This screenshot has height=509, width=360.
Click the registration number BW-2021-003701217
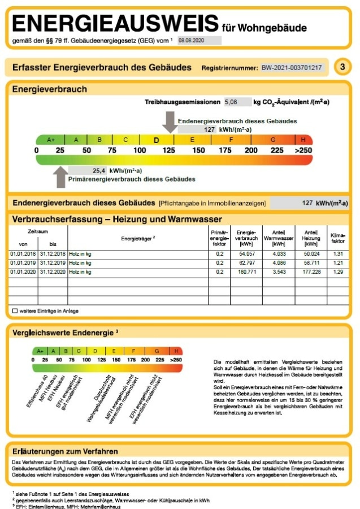point(292,68)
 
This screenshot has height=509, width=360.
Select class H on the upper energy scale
point(303,140)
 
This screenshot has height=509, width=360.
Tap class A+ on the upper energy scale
point(51,140)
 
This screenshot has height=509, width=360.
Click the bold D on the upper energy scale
point(157,140)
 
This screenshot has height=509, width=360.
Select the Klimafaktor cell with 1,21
point(338,263)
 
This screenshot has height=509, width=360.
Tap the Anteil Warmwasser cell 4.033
point(279,254)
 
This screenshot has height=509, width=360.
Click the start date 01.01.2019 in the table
point(23,263)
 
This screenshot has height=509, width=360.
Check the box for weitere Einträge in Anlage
point(15,311)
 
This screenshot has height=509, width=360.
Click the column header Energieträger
point(138,239)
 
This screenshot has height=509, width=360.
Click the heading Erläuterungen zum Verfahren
point(65,451)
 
